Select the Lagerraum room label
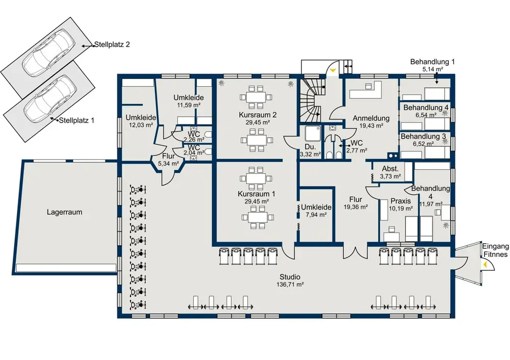[64, 212]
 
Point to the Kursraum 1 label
[257, 194]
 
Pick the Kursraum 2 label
[258, 115]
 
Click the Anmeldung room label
[371, 118]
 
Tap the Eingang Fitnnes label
[495, 250]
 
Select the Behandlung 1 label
[432, 62]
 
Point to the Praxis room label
[400, 201]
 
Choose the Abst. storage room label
[390, 169]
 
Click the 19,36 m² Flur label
[355, 199]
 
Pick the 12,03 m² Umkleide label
[141, 118]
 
